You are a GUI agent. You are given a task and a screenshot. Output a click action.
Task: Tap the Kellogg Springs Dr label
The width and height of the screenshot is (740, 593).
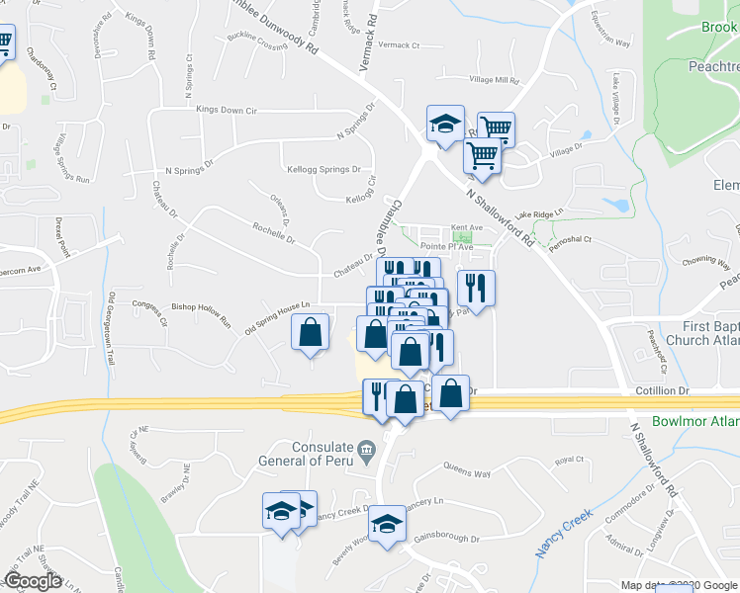[x=323, y=169]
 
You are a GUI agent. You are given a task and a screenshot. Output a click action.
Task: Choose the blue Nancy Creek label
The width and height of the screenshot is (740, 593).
[x=565, y=534]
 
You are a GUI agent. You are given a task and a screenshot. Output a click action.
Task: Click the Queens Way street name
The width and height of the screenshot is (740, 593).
[x=467, y=473]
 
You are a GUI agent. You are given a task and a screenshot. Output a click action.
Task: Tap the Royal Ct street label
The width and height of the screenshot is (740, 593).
[x=569, y=460]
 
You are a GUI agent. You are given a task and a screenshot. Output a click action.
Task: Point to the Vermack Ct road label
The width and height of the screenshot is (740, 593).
[x=399, y=45]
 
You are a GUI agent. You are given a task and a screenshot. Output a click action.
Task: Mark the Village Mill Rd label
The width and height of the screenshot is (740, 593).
[x=494, y=80]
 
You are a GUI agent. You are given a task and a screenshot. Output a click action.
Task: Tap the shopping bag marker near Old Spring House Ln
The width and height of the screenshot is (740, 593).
[x=311, y=333]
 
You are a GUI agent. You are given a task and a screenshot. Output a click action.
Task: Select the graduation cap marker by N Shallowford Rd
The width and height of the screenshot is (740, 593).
[x=445, y=125]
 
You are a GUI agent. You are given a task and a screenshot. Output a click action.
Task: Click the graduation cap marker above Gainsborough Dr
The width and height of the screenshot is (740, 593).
[x=388, y=523]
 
